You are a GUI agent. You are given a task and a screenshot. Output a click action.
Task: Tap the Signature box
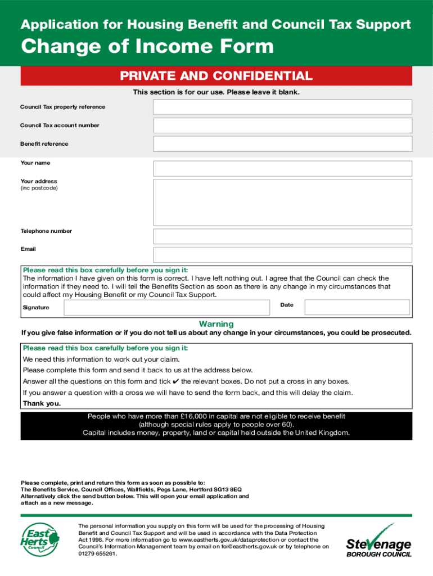(166, 307)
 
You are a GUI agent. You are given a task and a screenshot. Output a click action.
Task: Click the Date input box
(357, 307)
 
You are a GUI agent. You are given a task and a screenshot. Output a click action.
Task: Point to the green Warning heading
(216, 324)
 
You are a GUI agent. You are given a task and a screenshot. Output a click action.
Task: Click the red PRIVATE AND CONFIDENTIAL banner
(216, 76)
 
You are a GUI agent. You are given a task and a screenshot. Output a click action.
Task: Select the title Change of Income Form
(147, 47)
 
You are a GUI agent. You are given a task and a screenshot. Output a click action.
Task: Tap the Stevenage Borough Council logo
(378, 541)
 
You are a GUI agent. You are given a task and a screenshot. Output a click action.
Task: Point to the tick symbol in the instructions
(175, 381)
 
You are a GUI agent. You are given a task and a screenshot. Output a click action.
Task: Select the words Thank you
(42, 404)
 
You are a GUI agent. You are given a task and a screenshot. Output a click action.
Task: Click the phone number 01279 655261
(97, 553)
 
